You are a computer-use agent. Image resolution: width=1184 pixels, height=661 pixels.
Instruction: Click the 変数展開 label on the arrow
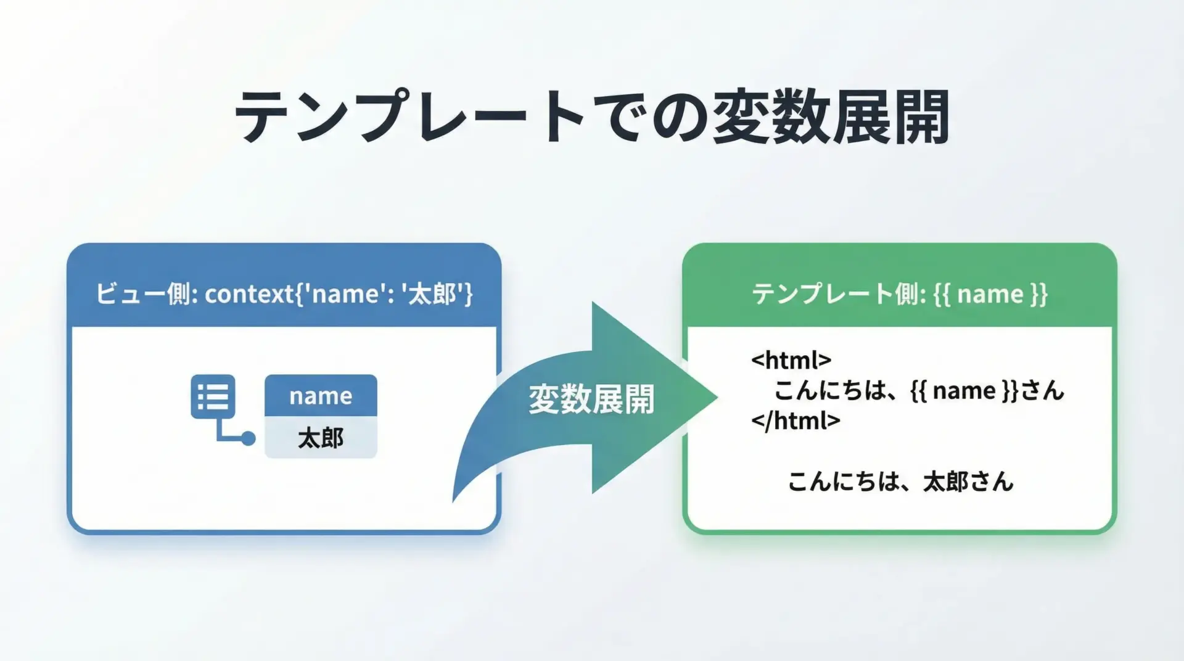click(x=591, y=400)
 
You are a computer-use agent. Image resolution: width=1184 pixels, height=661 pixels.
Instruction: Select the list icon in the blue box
click(x=213, y=396)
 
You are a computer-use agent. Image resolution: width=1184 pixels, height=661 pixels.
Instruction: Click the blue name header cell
click(x=321, y=395)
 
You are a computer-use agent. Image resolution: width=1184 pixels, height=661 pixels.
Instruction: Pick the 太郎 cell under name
click(x=321, y=438)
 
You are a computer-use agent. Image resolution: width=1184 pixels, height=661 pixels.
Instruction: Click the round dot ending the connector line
click(x=248, y=438)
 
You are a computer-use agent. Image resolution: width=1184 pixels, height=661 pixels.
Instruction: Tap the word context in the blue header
click(x=249, y=294)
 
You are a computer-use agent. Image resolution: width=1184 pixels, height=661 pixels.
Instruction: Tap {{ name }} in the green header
click(x=990, y=294)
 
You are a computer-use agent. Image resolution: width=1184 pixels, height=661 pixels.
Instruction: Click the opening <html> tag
click(x=791, y=359)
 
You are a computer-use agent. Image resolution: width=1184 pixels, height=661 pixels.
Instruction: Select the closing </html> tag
click(x=795, y=421)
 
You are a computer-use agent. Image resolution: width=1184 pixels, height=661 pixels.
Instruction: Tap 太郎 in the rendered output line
click(x=945, y=481)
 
